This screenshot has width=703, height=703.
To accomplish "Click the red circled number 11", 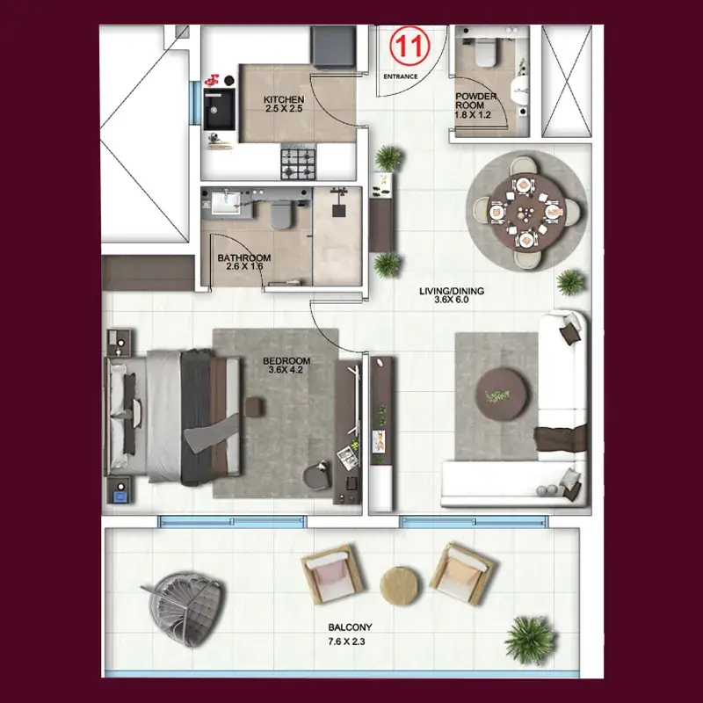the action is (409, 47).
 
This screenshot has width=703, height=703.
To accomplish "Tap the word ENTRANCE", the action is (401, 76).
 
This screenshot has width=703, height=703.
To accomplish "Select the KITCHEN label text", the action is (284, 99).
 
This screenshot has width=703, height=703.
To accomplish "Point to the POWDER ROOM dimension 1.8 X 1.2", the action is (473, 115).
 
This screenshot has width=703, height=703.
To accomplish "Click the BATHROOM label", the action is (244, 257).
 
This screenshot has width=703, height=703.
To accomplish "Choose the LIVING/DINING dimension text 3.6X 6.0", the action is (452, 300).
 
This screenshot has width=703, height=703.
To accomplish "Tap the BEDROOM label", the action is (286, 361).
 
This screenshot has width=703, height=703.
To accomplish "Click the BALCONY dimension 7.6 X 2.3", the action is (346, 641).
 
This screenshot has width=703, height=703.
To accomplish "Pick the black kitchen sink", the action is (219, 109).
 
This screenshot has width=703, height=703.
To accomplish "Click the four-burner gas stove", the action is (298, 162).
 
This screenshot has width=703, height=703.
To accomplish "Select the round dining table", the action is (525, 212).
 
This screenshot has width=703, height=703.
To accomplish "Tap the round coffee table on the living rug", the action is (502, 394).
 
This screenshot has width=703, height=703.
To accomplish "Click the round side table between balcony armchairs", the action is (401, 586).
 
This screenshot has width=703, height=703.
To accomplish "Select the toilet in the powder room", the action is (485, 52).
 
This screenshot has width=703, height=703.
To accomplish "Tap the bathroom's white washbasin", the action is (227, 203).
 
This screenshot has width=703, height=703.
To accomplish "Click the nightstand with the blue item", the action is (120, 491).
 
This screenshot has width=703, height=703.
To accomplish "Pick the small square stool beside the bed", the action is (255, 408).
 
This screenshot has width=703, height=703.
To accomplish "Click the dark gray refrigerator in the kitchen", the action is (334, 47).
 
